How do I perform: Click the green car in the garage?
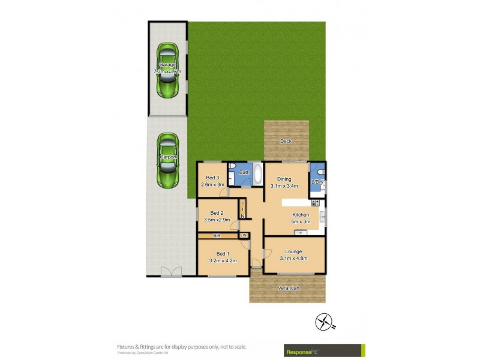click(x=167, y=70)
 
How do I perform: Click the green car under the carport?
click(x=167, y=160)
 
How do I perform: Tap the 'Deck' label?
click(x=286, y=142)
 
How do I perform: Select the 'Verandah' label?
click(x=289, y=288)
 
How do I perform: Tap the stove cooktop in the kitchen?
click(x=315, y=203)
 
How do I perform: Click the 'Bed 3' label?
click(x=212, y=178)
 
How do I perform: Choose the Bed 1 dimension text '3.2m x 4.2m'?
click(x=223, y=260)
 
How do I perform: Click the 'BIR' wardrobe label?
click(x=217, y=236)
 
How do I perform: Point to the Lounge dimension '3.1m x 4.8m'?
click(x=293, y=259)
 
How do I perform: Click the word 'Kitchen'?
click(x=301, y=215)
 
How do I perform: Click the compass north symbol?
click(x=324, y=322)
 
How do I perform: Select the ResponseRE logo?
click(x=323, y=349)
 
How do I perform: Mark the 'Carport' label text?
click(x=167, y=157)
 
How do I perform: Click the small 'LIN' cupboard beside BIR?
click(x=244, y=235)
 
